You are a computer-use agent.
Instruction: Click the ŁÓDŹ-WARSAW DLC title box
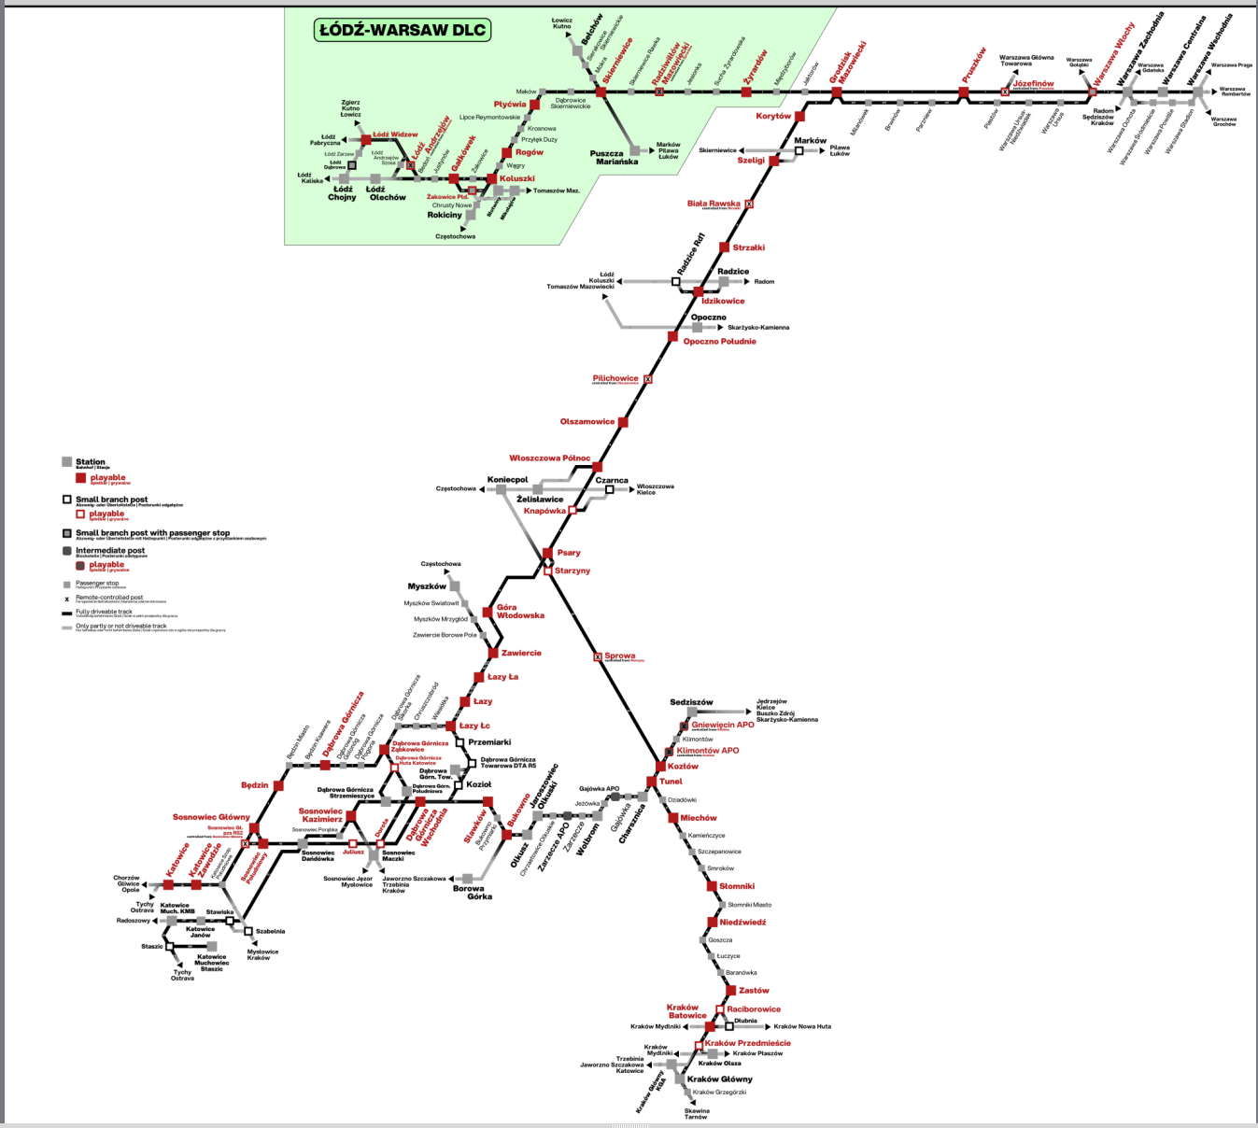click(x=403, y=30)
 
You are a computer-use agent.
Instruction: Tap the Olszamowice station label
click(x=587, y=422)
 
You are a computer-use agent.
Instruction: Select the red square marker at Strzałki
click(x=725, y=247)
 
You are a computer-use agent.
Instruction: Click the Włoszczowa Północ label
click(x=549, y=458)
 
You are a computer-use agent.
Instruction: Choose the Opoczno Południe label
click(x=719, y=342)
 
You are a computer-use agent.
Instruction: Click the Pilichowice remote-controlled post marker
click(x=648, y=379)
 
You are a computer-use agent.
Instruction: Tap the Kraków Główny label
click(x=719, y=1079)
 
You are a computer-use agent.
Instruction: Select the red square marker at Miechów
click(x=673, y=818)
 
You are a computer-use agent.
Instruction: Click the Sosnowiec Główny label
click(x=211, y=817)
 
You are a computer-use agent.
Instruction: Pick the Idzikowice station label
click(x=723, y=302)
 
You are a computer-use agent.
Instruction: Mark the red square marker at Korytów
click(x=799, y=117)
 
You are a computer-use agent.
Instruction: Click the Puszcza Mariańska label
click(x=614, y=158)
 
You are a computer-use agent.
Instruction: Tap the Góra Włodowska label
click(x=520, y=612)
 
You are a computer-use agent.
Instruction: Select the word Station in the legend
click(x=91, y=461)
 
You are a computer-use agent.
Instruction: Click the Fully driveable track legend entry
click(x=104, y=613)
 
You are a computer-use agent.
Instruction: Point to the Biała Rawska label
click(x=714, y=204)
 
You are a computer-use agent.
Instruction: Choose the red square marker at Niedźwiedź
click(x=712, y=923)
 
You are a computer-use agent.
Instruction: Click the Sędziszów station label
click(x=691, y=702)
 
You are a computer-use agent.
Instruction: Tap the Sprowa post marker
click(x=599, y=657)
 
